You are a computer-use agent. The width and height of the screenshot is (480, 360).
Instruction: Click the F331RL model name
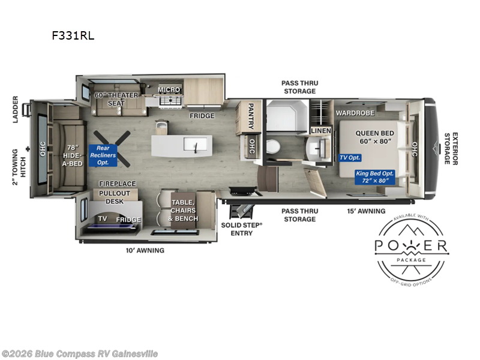click(73, 35)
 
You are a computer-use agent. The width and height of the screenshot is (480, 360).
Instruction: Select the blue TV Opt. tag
click(350, 158)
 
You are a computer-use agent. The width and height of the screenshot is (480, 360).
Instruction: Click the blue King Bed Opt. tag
click(375, 176)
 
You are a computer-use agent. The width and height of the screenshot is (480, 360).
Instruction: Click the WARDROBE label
click(355, 113)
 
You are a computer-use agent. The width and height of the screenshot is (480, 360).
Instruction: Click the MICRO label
click(169, 90)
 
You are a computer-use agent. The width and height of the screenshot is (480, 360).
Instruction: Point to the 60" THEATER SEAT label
click(116, 99)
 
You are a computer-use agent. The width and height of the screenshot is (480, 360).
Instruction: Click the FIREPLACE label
click(118, 184)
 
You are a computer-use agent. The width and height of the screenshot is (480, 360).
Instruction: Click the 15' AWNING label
click(367, 211)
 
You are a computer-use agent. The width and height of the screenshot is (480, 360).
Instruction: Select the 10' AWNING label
click(145, 250)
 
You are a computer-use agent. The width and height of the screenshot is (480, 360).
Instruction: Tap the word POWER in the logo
click(411, 245)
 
